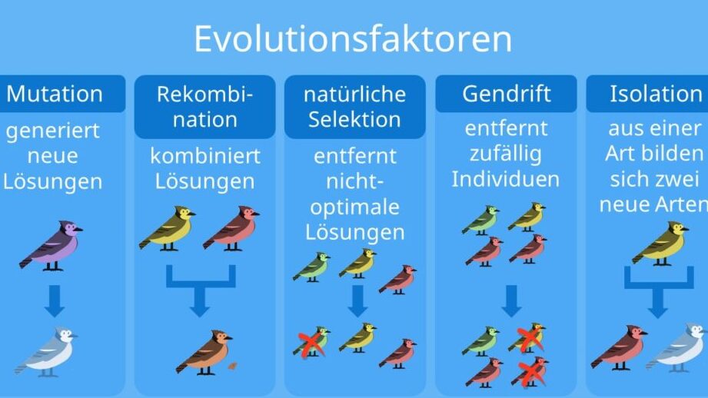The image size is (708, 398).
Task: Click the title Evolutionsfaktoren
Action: point(353,39)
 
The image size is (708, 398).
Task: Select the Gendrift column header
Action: point(506,94)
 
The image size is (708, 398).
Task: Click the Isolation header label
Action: point(656,94)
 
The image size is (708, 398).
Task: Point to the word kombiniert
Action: point(205,156)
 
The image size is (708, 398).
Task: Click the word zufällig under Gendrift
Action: point(506,154)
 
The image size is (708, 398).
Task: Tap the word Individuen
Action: point(506,179)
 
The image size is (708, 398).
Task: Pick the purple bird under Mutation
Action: point(51,246)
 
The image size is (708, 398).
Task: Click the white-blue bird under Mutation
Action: point(46,352)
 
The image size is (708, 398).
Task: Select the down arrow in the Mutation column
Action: point(55,301)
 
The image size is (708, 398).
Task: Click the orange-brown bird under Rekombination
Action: point(204,353)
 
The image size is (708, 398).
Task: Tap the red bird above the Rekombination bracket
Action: point(231,228)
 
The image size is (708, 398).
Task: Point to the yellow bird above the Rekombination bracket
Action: point(168,228)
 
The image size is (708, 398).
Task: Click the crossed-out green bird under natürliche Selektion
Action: point(311,342)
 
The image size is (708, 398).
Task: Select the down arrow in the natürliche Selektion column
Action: point(357,301)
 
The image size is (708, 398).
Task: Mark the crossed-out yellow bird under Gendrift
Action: point(527,338)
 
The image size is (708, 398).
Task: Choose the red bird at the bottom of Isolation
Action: point(619,347)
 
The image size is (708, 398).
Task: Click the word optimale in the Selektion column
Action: point(355,207)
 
